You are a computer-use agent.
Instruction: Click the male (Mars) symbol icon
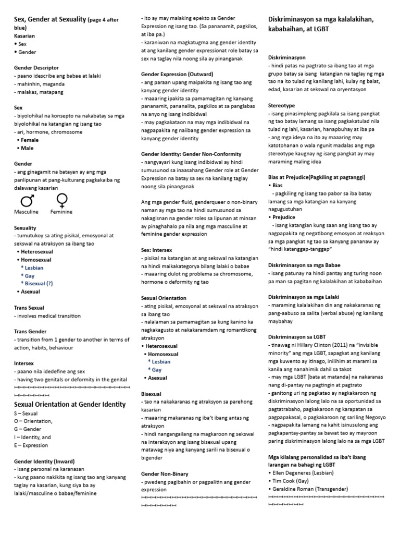27,200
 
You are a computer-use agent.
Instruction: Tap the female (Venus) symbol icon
61,200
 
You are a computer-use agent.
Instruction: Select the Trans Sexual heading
29,308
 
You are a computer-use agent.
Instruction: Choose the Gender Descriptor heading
36,68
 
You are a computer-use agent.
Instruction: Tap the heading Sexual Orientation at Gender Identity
70,404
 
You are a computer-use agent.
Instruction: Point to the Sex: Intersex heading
157,250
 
